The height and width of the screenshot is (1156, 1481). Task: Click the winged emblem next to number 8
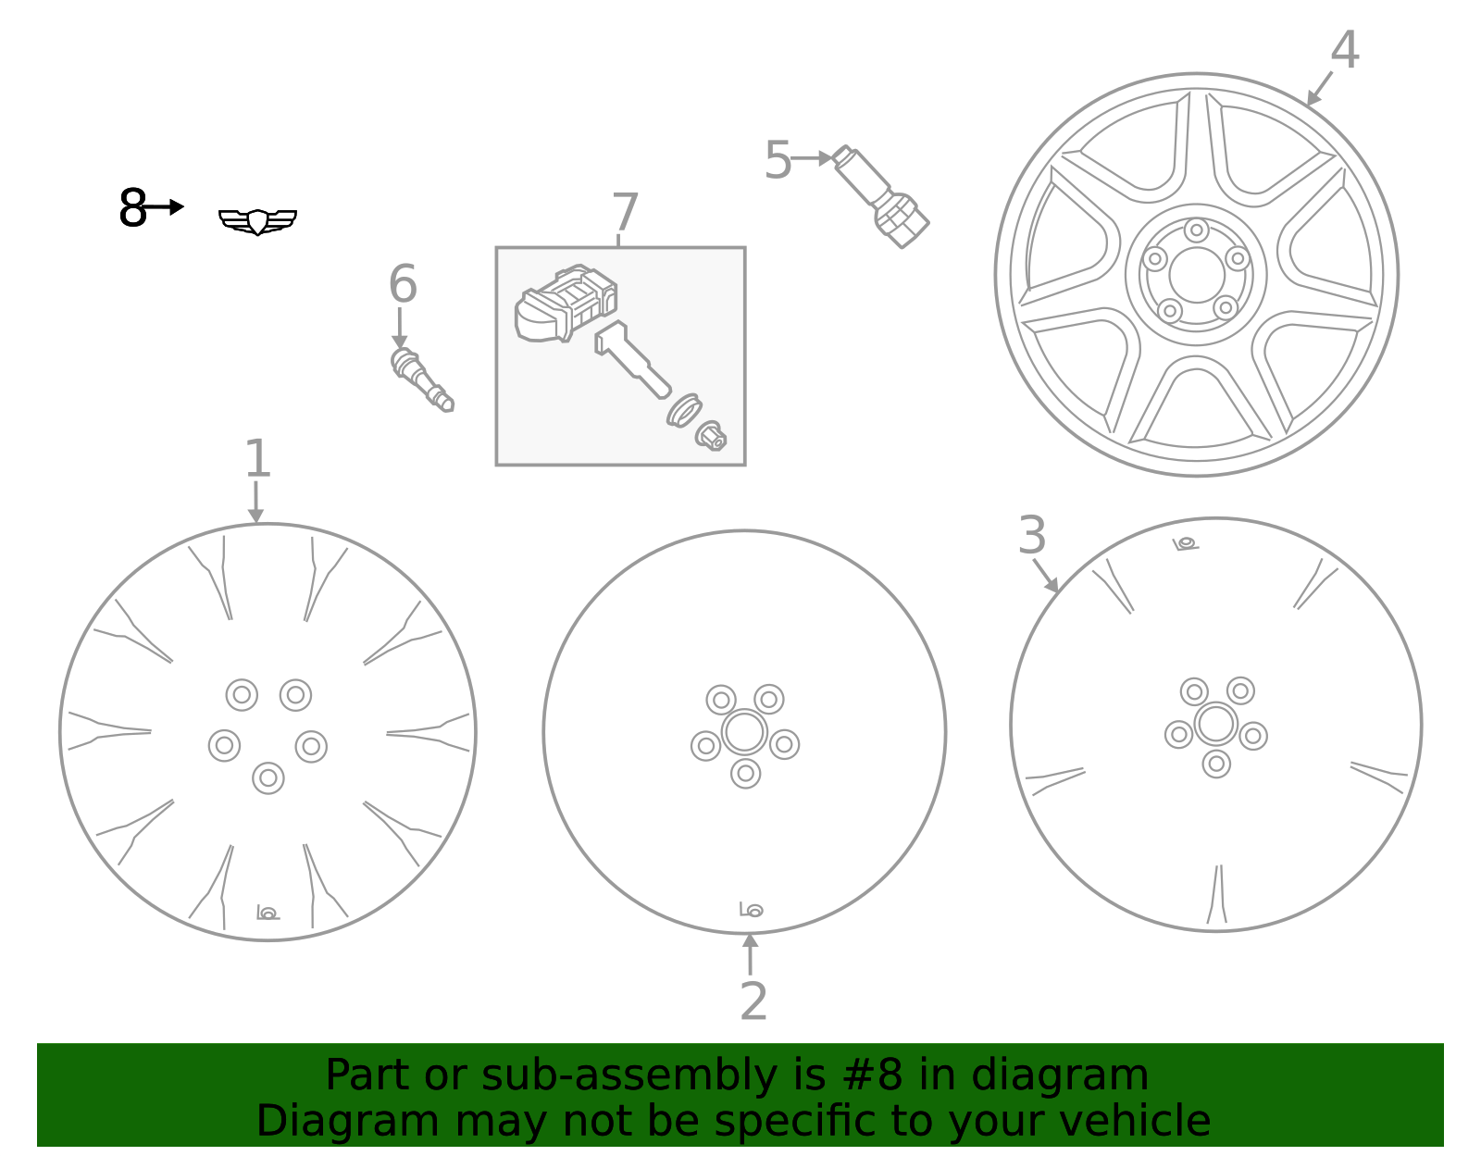257,221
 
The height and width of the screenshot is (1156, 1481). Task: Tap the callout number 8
132,208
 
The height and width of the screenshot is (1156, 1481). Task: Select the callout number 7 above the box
625,213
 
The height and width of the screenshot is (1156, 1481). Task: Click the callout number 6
403,284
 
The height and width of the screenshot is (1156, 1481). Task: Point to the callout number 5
778,161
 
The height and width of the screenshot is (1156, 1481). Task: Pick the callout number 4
1344,50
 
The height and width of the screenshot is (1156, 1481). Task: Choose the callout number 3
1031,536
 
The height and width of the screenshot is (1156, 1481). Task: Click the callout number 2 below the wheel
753,1001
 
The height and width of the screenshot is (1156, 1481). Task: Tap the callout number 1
257,459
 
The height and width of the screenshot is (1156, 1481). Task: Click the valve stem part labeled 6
421,379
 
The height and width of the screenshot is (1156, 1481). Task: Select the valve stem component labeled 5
881,196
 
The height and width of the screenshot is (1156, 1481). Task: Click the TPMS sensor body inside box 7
566,303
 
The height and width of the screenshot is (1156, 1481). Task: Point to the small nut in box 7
711,436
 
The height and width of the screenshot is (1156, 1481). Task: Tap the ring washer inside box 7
684,410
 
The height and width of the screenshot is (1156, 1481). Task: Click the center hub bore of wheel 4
1197,275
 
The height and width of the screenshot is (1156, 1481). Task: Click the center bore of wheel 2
744,732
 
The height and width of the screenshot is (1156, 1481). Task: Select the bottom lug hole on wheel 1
268,778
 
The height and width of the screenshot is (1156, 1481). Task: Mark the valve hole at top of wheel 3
1186,543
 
